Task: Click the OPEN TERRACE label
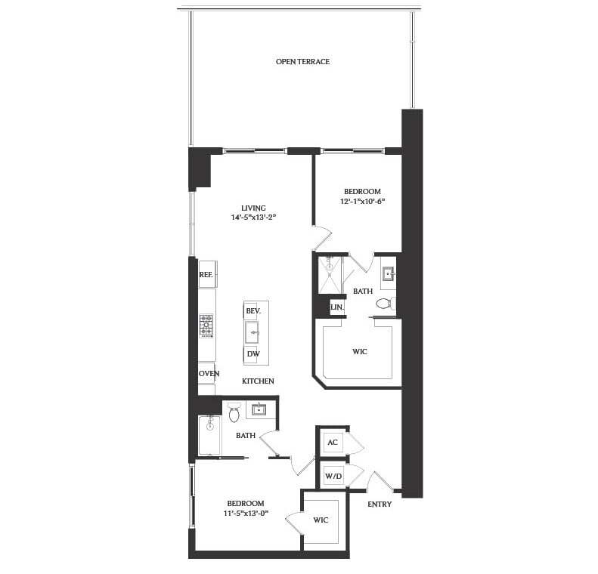[x=302, y=62]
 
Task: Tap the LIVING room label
[x=253, y=208]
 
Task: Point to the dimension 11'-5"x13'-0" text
[x=246, y=514]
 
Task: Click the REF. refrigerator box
[x=206, y=275]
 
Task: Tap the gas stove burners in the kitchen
[x=206, y=325]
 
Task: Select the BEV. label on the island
[x=253, y=310]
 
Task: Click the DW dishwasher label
[x=253, y=353]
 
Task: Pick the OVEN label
[x=208, y=374]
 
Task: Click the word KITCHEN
[x=258, y=381]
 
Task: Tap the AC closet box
[x=331, y=442]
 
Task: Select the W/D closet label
[x=333, y=476]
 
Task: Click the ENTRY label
[x=380, y=504]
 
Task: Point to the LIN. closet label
[x=337, y=308]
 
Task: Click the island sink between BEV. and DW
[x=253, y=332]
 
